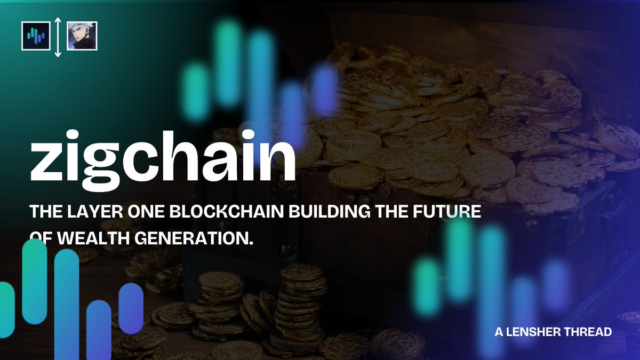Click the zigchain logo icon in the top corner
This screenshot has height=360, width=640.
(36, 36)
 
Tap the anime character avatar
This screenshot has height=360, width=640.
(82, 36)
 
